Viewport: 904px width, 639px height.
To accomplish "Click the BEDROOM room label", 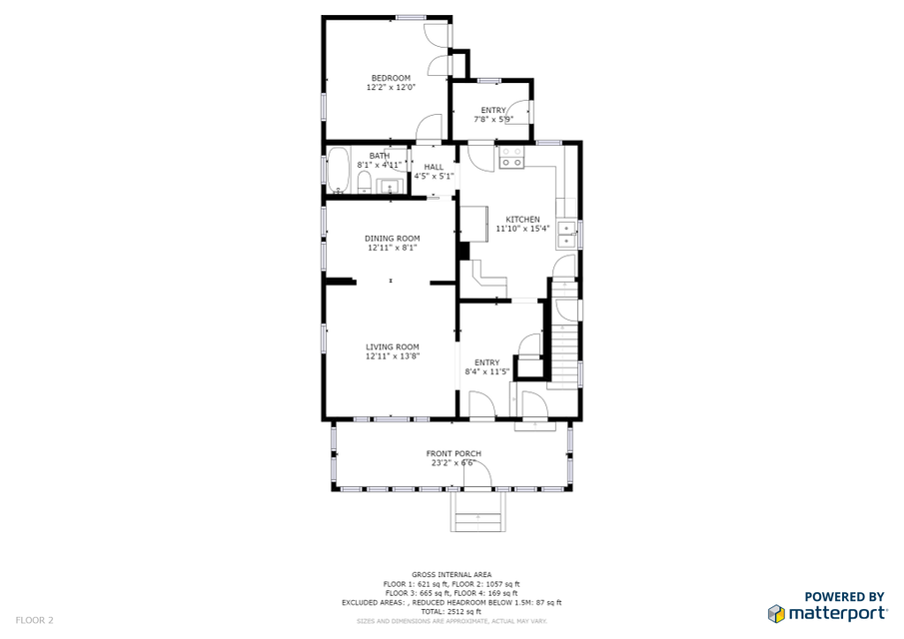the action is (x=391, y=78).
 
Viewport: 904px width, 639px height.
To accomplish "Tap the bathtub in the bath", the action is (x=339, y=171).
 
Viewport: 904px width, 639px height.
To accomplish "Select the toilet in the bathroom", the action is (x=365, y=183).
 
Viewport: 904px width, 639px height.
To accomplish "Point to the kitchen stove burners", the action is (x=511, y=158).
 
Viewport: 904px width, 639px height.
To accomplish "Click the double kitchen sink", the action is (x=566, y=235).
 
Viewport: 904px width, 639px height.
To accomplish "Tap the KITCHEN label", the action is (x=522, y=220).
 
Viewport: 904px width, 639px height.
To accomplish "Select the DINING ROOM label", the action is (x=392, y=239).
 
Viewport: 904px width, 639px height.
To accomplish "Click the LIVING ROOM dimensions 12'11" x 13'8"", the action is (x=392, y=356).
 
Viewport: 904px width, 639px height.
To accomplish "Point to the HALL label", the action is (x=434, y=167).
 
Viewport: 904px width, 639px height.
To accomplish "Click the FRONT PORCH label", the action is (x=453, y=453).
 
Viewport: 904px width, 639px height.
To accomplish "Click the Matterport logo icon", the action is (x=776, y=614).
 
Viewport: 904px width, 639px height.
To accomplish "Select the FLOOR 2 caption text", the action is (x=34, y=621).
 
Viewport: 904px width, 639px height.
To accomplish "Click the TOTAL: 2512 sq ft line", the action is (x=451, y=612).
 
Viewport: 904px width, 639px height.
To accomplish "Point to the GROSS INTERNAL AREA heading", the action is (x=452, y=574).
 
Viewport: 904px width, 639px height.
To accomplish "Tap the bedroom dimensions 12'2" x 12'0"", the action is (x=391, y=88).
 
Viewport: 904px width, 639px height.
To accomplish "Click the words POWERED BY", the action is (x=844, y=597).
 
